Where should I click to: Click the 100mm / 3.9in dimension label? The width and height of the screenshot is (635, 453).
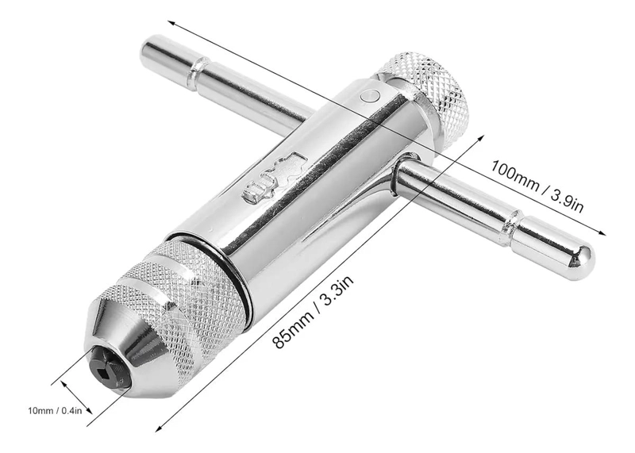(x=537, y=186)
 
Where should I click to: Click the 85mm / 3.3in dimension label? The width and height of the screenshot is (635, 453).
(x=313, y=312)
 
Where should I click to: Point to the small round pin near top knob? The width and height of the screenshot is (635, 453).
(x=370, y=96)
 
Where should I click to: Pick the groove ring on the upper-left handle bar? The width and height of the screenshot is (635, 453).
(x=198, y=74)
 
